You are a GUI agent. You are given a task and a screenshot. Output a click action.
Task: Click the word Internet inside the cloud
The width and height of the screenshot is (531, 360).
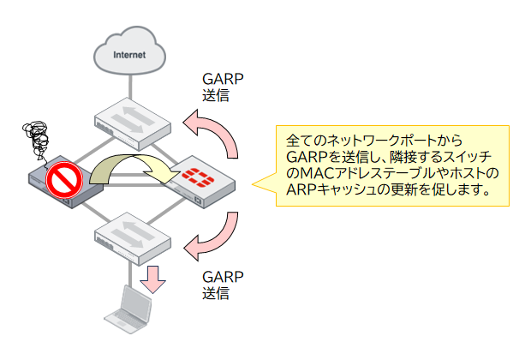131,55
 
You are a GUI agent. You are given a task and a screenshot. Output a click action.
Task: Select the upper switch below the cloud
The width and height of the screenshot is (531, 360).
131,117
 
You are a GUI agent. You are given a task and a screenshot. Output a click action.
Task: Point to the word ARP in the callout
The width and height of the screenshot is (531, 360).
296,190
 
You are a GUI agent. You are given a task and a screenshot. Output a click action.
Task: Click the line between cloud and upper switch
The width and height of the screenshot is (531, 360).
131,86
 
